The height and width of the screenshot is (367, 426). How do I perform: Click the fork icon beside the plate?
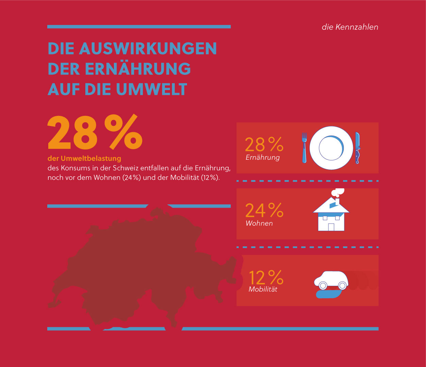tap(304, 147)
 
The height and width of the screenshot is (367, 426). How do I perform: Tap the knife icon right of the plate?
tap(357, 148)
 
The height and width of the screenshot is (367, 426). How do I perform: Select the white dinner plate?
tap(331, 148)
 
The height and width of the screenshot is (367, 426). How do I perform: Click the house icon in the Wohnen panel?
tap(331, 214)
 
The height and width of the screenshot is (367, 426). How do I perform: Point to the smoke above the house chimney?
tap(337, 192)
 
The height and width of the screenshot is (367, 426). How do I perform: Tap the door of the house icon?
tap(331, 227)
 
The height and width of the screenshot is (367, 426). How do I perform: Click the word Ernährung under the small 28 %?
tap(262, 158)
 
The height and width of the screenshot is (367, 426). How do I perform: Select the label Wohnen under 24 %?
tap(259, 223)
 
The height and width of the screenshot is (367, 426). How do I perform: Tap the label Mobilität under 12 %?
tap(263, 289)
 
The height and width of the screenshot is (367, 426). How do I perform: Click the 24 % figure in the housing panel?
tap(264, 210)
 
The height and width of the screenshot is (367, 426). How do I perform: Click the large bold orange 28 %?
tap(95, 133)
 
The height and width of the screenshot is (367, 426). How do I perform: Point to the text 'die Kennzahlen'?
tap(350, 27)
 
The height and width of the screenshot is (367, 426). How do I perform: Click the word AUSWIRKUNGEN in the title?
tap(148, 49)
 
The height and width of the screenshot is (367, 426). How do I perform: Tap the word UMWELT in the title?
tap(151, 89)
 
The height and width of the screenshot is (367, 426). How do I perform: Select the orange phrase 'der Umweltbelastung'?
tap(84, 158)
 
